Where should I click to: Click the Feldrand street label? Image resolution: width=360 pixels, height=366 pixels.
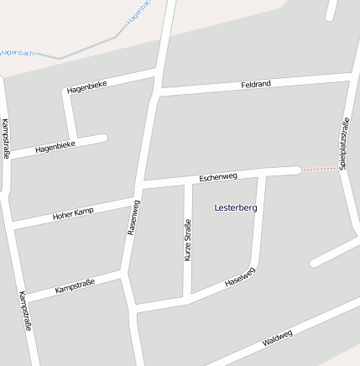(255, 85)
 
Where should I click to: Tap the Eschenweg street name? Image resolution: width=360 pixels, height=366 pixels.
(218, 177)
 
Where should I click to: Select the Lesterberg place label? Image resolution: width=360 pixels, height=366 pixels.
(236, 207)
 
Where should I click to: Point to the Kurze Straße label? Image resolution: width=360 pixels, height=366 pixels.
(187, 240)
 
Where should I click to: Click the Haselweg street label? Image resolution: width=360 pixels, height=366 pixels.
(239, 279)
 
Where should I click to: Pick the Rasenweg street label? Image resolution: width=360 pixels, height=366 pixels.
(133, 217)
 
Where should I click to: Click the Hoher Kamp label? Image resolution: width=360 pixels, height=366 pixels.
(73, 213)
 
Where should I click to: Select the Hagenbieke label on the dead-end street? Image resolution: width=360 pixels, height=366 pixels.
(55, 148)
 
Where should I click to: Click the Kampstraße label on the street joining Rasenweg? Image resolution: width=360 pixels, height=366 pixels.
(76, 285)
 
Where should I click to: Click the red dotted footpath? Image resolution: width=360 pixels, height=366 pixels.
(321, 169)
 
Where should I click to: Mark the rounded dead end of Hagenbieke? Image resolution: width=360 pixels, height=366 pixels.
(103, 138)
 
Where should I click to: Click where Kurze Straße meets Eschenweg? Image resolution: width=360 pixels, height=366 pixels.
(187, 180)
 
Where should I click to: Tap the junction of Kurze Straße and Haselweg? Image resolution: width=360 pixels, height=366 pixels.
(187, 300)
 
